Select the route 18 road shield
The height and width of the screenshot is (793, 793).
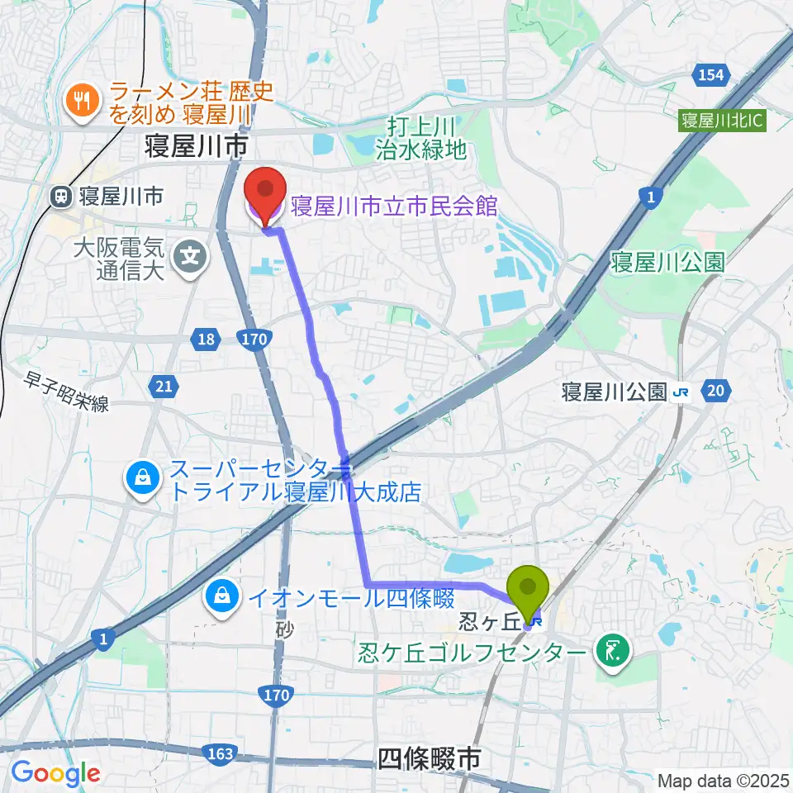click(208, 338)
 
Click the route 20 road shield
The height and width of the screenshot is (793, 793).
click(715, 390)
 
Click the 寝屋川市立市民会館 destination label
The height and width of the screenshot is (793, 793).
click(393, 205)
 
